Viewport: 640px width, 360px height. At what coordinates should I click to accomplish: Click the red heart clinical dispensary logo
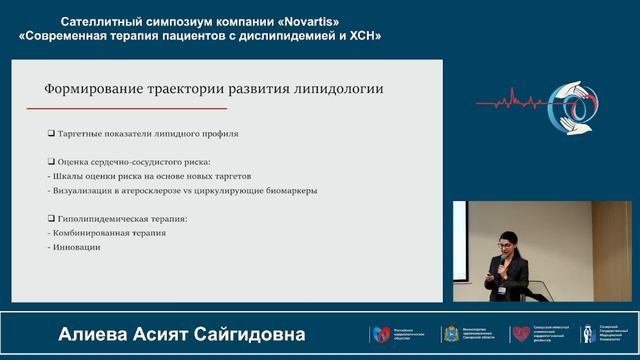(x=520, y=333)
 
